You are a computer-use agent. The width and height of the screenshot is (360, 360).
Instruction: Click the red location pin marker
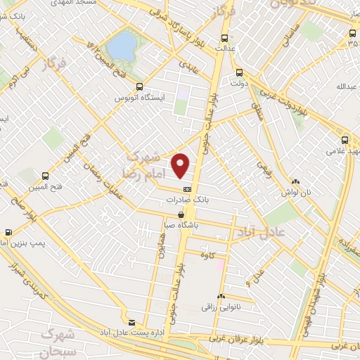181,165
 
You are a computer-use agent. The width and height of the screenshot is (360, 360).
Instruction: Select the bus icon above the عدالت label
224,39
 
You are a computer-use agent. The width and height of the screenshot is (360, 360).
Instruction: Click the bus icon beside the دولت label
240,72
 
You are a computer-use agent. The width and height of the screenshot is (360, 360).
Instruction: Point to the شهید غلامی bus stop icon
345,139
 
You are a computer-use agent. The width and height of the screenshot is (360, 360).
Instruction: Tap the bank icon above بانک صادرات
187,189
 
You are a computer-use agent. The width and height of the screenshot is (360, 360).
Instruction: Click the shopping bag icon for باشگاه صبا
182,215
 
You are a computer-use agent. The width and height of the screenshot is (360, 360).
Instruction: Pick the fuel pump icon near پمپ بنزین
8,231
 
